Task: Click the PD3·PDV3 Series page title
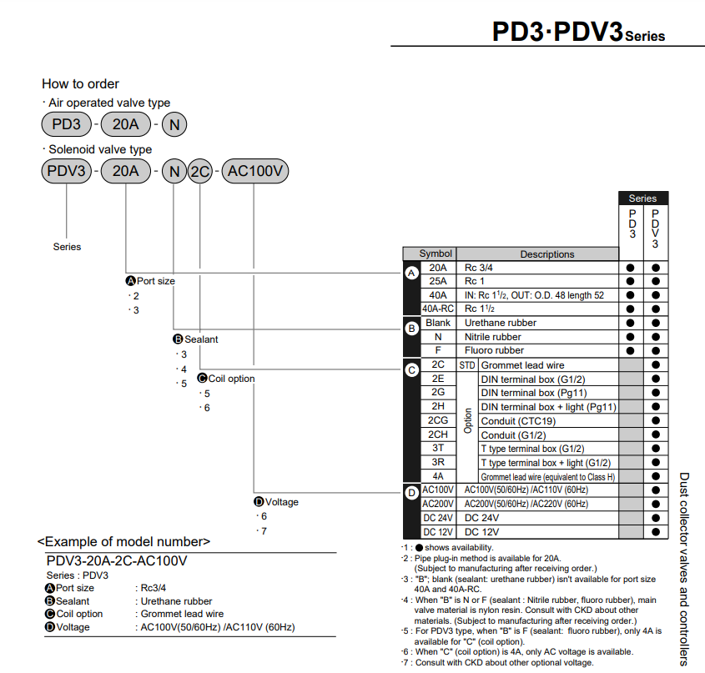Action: pos(578,33)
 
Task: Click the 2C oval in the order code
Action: pos(199,173)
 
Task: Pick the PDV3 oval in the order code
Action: pos(66,173)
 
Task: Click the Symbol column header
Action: pos(436,254)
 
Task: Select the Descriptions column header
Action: pos(546,254)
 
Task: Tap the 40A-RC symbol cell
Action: pos(437,309)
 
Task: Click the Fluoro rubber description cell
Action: pos(494,350)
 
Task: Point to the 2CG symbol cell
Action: pos(437,420)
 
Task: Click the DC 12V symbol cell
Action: pos(437,532)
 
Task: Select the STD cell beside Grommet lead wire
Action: pos(466,364)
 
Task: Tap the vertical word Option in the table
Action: pos(467,420)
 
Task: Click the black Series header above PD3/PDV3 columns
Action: pos(642,198)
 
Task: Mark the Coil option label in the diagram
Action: pos(231,379)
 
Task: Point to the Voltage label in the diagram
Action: pos(281,502)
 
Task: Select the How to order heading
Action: pos(80,83)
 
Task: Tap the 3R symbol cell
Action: pos(437,462)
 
